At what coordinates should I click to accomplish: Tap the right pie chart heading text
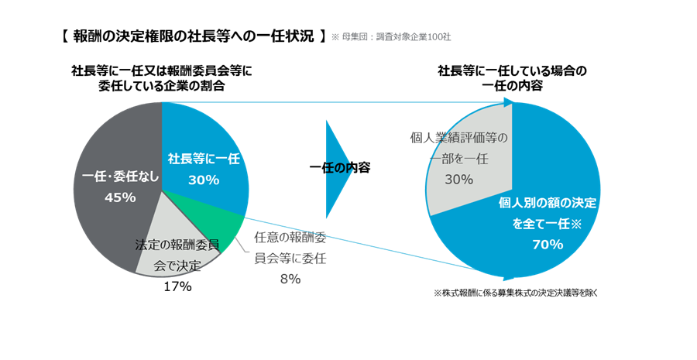[512, 78]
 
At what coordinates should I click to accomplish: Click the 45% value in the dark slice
[120, 197]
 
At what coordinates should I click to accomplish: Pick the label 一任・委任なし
[120, 177]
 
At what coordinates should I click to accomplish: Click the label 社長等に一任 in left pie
[204, 159]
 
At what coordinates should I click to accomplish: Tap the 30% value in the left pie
[204, 180]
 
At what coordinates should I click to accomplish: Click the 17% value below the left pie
[177, 286]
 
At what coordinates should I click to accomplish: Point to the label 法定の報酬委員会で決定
[177, 256]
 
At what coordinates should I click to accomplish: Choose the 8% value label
[290, 279]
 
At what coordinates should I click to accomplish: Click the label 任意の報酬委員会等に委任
[290, 249]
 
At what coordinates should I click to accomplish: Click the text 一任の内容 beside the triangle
[339, 167]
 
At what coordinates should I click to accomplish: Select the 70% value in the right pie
[547, 245]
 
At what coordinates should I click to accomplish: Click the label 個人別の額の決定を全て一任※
[547, 214]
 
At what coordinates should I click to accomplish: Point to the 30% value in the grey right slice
[458, 179]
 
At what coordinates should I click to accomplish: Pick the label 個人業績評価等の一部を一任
[458, 149]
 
